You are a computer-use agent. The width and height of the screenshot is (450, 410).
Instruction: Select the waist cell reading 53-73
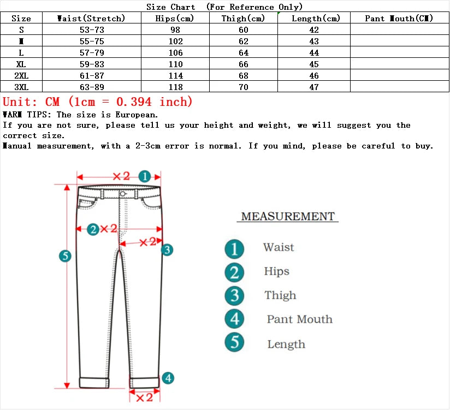coord(92,30)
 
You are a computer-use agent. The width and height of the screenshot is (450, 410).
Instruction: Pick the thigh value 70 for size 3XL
coord(243,87)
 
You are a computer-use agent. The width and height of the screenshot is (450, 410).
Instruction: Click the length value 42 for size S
coord(313,30)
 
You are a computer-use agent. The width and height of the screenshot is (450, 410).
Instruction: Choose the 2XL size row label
coord(21,76)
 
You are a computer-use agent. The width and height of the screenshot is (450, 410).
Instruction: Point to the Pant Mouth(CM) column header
coord(399,19)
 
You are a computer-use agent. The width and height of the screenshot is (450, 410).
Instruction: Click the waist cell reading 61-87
coord(92,76)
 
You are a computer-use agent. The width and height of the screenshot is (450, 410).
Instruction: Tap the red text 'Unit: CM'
coord(31,102)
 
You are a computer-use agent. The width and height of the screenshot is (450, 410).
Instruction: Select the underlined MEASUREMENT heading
coord(287,217)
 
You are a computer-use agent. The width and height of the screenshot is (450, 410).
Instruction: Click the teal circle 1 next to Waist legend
coord(234,249)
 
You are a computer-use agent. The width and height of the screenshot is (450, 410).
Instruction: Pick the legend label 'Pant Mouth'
coord(299,320)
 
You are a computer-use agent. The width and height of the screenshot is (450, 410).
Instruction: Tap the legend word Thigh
coord(280,295)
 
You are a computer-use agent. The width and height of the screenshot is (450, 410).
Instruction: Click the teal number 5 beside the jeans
coord(65,256)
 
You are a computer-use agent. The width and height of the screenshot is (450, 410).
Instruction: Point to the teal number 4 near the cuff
coord(168,378)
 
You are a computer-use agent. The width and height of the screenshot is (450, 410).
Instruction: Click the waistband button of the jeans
coord(123,194)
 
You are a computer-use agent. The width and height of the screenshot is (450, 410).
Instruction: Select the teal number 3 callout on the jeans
coord(167,250)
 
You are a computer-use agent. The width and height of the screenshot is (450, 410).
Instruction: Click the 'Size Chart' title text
coord(171,7)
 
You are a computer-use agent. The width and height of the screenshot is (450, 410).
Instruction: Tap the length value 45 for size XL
coord(313,64)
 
